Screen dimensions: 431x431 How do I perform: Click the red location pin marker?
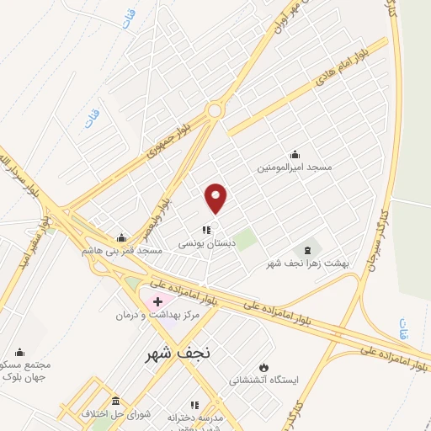[216, 198]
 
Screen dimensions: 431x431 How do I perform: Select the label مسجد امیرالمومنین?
[295, 168]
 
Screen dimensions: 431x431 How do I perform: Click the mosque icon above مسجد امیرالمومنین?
[295, 154]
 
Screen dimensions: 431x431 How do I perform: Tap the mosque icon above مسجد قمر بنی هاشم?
[122, 237]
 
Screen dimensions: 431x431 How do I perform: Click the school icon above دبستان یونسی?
[205, 230]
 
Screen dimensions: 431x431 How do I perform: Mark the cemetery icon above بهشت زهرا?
[307, 250]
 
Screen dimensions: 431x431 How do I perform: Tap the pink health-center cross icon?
[157, 301]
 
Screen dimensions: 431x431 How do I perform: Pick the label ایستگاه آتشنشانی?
[264, 380]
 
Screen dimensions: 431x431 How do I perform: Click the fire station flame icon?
[263, 367]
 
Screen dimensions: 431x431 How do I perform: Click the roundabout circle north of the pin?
[215, 110]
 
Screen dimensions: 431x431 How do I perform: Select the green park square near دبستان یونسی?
[245, 241]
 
